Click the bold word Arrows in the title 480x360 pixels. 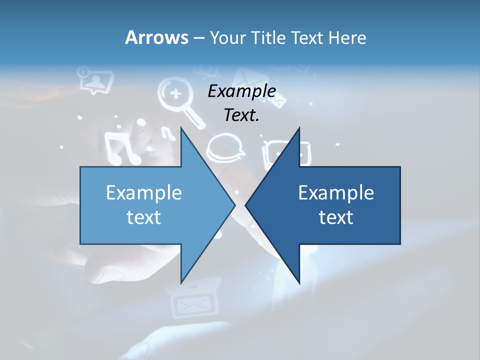pos(156,37)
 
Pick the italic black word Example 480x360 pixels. pos(241,91)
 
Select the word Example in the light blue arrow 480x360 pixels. pos(144,192)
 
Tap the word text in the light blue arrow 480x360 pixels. pos(144,217)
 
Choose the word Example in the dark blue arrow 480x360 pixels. pos(336,192)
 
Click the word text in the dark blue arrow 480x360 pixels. pos(336,217)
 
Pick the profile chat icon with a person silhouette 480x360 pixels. pos(94,80)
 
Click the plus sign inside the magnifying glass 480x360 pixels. pos(175,93)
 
